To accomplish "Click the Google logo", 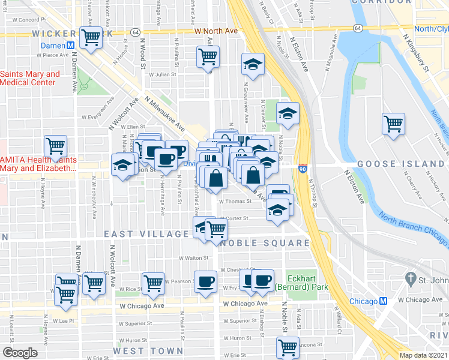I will coord(20,353).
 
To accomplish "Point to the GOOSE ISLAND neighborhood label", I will coord(400,163).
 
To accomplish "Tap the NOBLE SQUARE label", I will coord(264,243).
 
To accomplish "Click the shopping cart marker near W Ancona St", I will coord(288,347).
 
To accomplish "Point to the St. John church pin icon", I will coord(411,279).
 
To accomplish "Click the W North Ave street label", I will coord(215,31).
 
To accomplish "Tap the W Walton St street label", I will coord(193,258).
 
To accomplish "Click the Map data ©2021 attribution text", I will coord(423,355).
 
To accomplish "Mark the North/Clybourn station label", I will coord(431,29).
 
